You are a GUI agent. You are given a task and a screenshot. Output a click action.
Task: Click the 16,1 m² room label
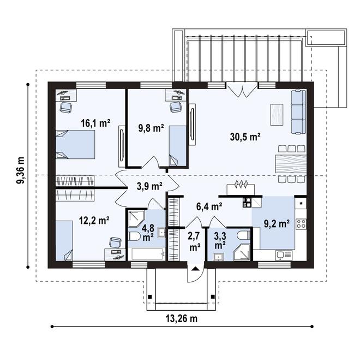[x=95, y=123]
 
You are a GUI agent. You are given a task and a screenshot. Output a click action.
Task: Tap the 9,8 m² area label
[x=151, y=129]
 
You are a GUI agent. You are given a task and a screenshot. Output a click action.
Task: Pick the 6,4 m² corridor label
[x=209, y=206]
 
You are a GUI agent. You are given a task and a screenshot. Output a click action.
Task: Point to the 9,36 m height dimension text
[x=21, y=171]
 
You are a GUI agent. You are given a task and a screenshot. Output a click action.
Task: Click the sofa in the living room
[x=298, y=112]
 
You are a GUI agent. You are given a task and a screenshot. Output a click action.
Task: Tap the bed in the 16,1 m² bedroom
[x=75, y=144]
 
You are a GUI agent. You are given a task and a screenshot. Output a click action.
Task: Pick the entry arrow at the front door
[x=194, y=268]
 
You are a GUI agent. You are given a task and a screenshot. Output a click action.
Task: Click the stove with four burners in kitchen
[x=301, y=223]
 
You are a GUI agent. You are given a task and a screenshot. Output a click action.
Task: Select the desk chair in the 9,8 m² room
[x=175, y=107]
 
